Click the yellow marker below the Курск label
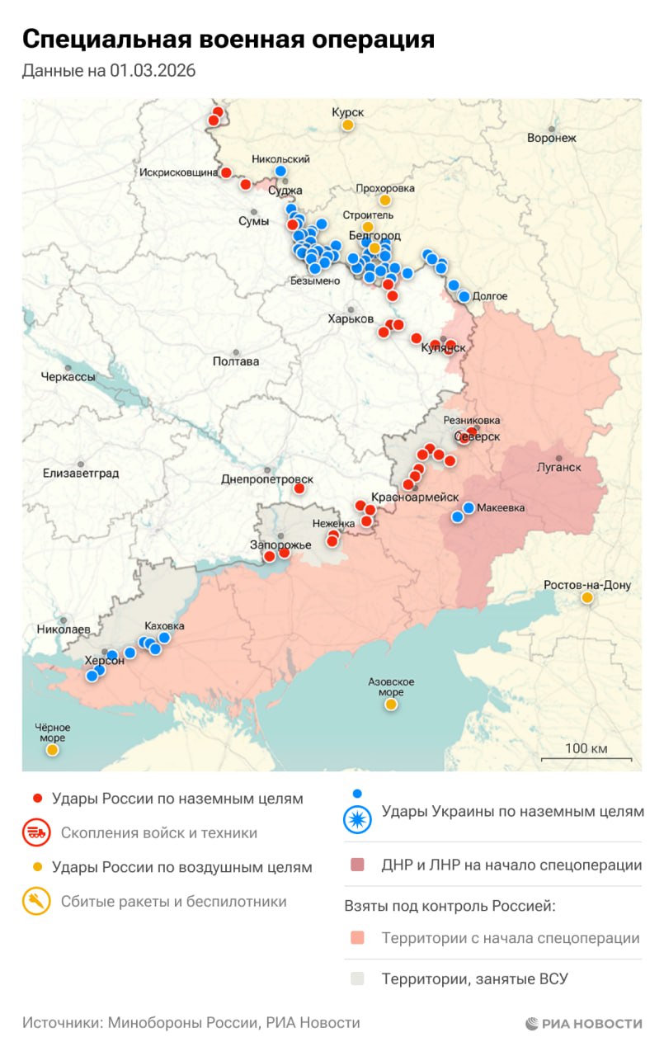(x=348, y=125)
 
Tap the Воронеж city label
(x=552, y=138)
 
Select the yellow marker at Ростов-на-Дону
(x=586, y=597)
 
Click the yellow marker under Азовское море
(x=390, y=705)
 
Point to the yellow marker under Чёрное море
(x=52, y=750)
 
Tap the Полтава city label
(x=235, y=361)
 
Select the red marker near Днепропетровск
(x=299, y=488)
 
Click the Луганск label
(x=558, y=467)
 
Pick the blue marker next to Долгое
(x=464, y=296)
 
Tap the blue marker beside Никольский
(x=280, y=171)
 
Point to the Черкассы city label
(x=68, y=377)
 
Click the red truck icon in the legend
(x=36, y=832)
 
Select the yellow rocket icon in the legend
(x=36, y=902)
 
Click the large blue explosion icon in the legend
(x=358, y=818)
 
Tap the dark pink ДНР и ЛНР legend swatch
(x=357, y=865)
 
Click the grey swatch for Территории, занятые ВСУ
(x=357, y=979)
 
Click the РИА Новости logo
(x=584, y=1023)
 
